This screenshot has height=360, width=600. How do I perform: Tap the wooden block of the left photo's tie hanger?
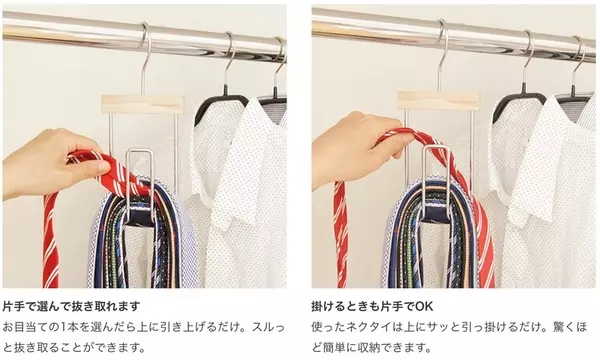143,104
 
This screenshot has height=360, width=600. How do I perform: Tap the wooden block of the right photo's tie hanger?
439,101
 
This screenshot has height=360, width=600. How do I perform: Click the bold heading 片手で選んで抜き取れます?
72,306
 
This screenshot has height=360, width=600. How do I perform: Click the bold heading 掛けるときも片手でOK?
372,306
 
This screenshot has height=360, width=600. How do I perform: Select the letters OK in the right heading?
424,306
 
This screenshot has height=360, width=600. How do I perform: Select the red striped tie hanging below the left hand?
51,241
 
